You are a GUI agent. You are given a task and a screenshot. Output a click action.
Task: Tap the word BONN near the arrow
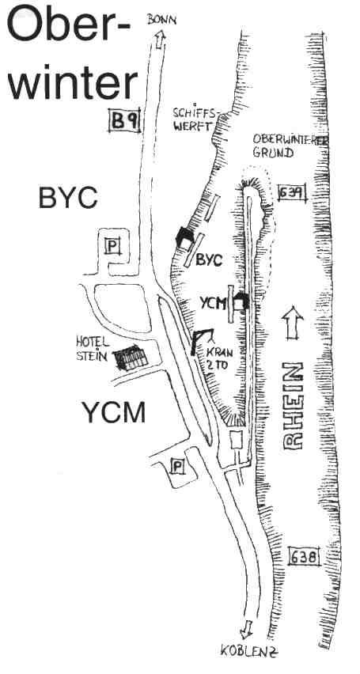161,19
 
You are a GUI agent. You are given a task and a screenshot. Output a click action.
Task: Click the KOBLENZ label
250,652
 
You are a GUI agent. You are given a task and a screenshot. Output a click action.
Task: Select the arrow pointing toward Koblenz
247,629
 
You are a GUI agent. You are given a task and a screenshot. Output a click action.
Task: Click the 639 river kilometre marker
292,194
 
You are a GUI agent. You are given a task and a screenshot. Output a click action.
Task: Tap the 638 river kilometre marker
305,558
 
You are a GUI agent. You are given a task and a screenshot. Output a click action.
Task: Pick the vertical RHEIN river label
294,406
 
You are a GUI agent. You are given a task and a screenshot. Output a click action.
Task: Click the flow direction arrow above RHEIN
293,323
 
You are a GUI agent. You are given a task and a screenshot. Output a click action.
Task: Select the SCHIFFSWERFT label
194,119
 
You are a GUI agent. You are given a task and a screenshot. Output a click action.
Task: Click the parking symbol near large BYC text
112,246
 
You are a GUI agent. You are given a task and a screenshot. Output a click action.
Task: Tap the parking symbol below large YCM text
178,466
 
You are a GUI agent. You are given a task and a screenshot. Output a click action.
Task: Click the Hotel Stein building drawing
131,358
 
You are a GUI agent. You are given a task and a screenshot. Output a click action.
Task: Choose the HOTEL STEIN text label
92,349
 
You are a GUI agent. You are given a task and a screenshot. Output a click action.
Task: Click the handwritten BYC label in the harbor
209,260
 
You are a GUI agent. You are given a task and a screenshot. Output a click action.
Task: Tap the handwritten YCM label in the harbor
214,304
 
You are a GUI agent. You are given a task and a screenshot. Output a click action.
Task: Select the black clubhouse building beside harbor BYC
184,237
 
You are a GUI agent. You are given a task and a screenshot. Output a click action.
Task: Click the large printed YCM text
114,412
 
